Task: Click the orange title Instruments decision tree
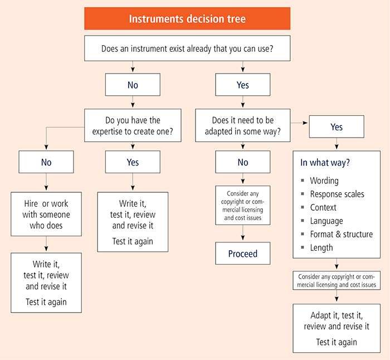tap(187, 19)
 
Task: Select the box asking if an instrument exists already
tap(187, 49)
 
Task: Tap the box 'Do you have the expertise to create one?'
tap(133, 125)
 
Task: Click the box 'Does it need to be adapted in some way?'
tap(243, 125)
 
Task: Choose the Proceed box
tap(243, 254)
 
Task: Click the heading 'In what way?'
tap(325, 163)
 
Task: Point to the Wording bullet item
tap(324, 181)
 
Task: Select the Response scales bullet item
tap(337, 194)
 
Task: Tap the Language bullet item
tap(326, 221)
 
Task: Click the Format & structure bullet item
tap(341, 234)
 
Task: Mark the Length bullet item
tap(321, 247)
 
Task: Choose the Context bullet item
tap(323, 207)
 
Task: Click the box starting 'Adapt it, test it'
tap(337, 328)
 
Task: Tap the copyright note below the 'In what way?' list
tap(337, 280)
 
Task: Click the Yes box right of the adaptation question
tap(337, 127)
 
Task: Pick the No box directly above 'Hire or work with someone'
tap(46, 162)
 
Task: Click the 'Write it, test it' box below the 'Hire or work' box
tap(46, 283)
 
